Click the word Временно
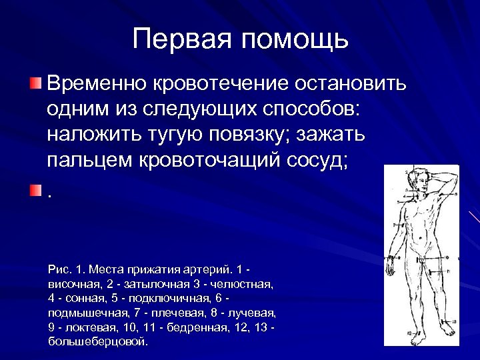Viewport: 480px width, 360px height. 99,85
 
